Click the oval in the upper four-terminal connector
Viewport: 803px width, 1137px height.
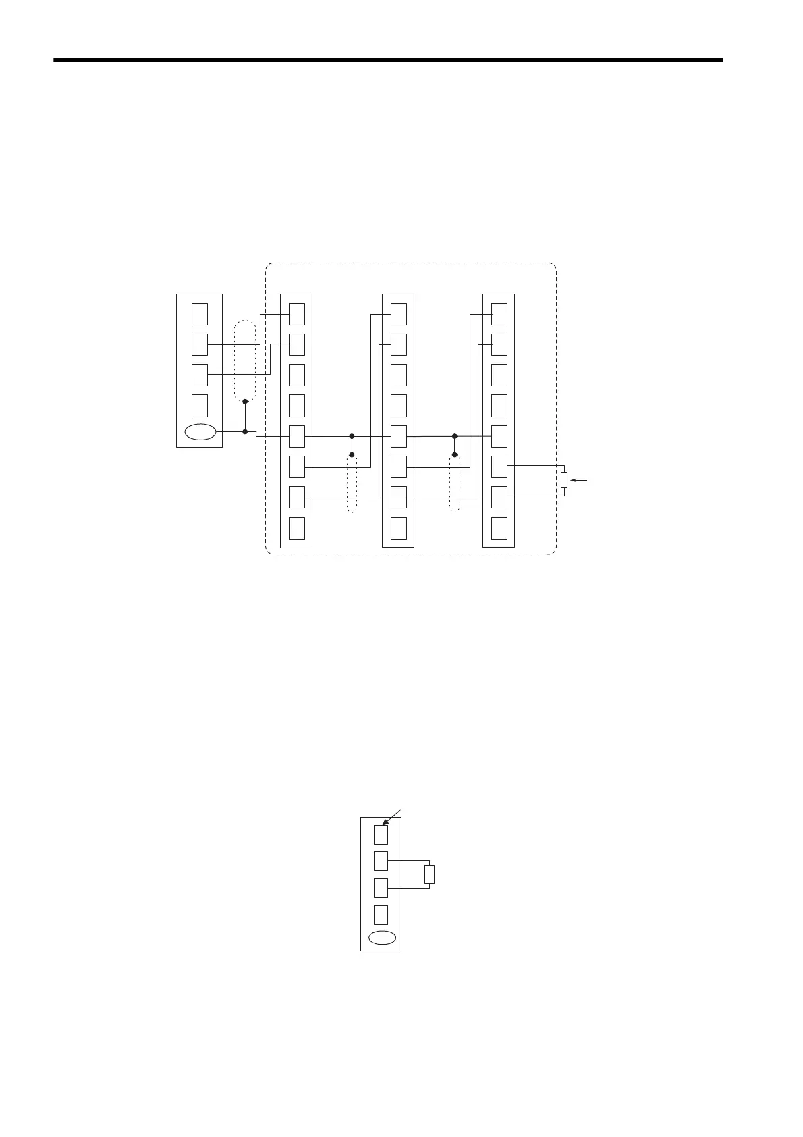point(200,433)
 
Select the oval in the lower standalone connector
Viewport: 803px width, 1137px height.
point(381,938)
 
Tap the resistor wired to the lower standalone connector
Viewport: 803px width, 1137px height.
point(429,874)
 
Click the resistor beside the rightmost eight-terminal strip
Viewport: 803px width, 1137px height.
point(564,481)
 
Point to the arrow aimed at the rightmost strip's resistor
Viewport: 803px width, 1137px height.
point(579,481)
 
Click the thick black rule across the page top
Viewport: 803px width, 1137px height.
point(387,60)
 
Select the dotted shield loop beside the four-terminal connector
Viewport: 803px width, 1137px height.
point(245,361)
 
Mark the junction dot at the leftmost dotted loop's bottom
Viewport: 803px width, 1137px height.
point(245,402)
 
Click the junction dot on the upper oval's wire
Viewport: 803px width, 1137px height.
point(245,431)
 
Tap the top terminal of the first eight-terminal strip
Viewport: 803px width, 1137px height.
point(297,314)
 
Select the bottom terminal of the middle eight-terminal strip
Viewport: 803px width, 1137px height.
point(399,528)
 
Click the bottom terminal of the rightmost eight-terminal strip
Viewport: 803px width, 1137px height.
point(499,528)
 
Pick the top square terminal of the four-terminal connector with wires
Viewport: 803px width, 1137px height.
point(200,314)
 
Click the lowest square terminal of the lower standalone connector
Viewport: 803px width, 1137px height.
point(381,914)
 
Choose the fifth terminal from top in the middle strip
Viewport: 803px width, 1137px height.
point(399,436)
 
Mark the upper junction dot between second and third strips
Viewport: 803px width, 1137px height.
point(455,436)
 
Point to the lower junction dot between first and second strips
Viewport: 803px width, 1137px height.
point(352,455)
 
